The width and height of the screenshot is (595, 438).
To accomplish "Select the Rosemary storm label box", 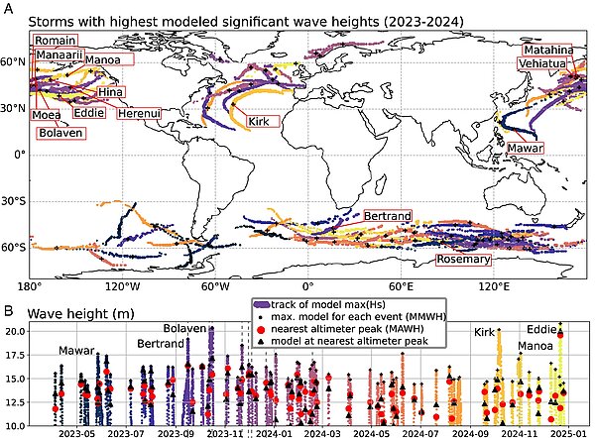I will click(x=463, y=260).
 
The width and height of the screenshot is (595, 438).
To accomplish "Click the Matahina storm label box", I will click(x=548, y=50).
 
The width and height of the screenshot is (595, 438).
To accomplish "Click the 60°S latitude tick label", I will click(x=14, y=248).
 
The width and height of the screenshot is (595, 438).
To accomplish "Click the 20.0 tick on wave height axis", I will click(x=15, y=331).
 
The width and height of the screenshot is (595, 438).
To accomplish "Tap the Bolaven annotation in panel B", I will click(x=185, y=328).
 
